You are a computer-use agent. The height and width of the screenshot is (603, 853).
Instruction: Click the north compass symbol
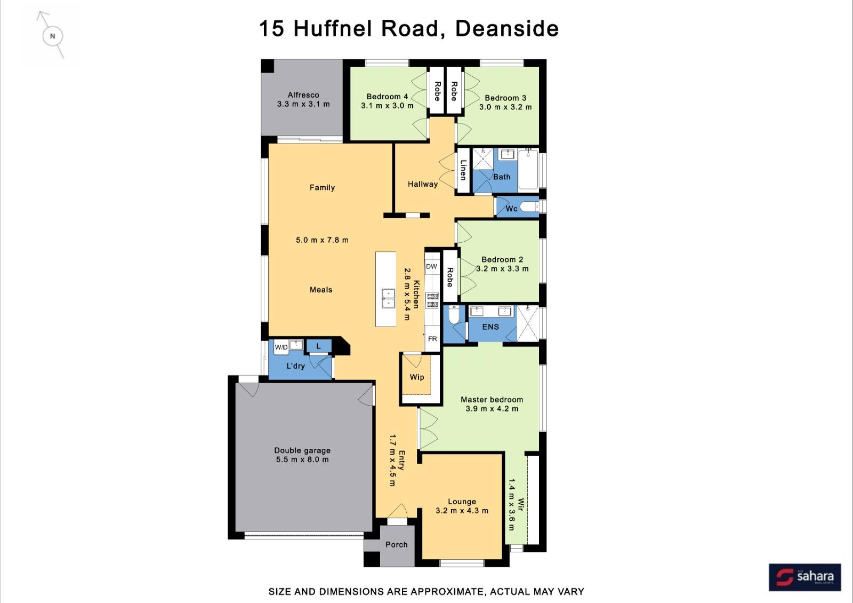click(x=52, y=36)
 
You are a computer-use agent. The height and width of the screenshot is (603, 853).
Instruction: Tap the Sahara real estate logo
click(x=804, y=577)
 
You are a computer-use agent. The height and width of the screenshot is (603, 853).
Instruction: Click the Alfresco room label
click(x=303, y=95)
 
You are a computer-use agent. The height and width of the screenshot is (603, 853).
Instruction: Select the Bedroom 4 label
click(x=387, y=97)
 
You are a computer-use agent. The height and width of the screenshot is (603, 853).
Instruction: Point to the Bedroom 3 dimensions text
click(x=505, y=107)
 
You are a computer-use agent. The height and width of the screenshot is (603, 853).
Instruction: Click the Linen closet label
click(x=463, y=170)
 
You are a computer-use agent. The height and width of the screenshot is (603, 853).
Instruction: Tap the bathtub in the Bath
click(x=528, y=170)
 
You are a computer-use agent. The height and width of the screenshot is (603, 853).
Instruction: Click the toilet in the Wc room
click(x=530, y=207)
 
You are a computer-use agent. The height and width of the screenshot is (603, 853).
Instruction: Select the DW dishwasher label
click(x=431, y=266)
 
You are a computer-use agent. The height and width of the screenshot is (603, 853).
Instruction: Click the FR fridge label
click(x=432, y=339)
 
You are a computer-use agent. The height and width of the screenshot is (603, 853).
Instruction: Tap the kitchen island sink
click(x=389, y=298)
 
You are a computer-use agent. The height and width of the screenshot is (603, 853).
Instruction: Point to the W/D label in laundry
click(x=281, y=347)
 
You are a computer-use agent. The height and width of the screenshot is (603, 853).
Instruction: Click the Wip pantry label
click(x=416, y=377)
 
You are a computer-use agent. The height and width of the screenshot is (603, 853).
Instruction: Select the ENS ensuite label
click(x=490, y=327)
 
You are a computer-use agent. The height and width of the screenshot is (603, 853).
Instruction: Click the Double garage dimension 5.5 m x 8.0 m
click(x=302, y=459)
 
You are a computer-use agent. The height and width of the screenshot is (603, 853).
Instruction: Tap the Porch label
click(x=397, y=545)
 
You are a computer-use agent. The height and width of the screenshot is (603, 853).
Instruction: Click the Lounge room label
click(x=462, y=502)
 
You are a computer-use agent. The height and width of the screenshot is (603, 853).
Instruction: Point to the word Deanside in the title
click(x=507, y=29)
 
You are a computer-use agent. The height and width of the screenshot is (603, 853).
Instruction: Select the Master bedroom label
click(x=492, y=400)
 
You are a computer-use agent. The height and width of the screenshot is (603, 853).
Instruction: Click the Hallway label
click(x=423, y=184)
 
